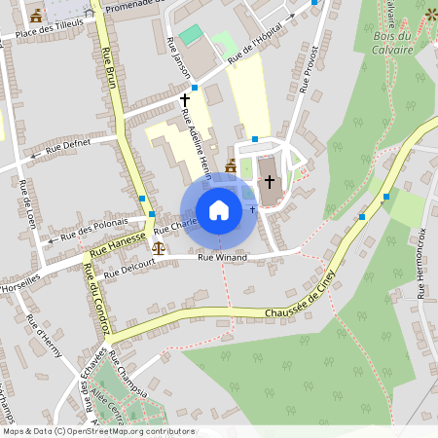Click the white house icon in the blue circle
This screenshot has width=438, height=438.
click(x=219, y=210)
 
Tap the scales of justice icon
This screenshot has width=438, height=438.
click(x=159, y=247)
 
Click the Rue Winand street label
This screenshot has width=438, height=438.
click(x=222, y=258)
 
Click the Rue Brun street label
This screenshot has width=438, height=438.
click(x=110, y=76)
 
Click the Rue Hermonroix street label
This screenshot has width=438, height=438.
click(x=421, y=263)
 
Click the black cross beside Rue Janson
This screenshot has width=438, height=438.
click(x=185, y=99)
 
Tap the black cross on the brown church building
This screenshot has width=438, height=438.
click(x=269, y=182)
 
